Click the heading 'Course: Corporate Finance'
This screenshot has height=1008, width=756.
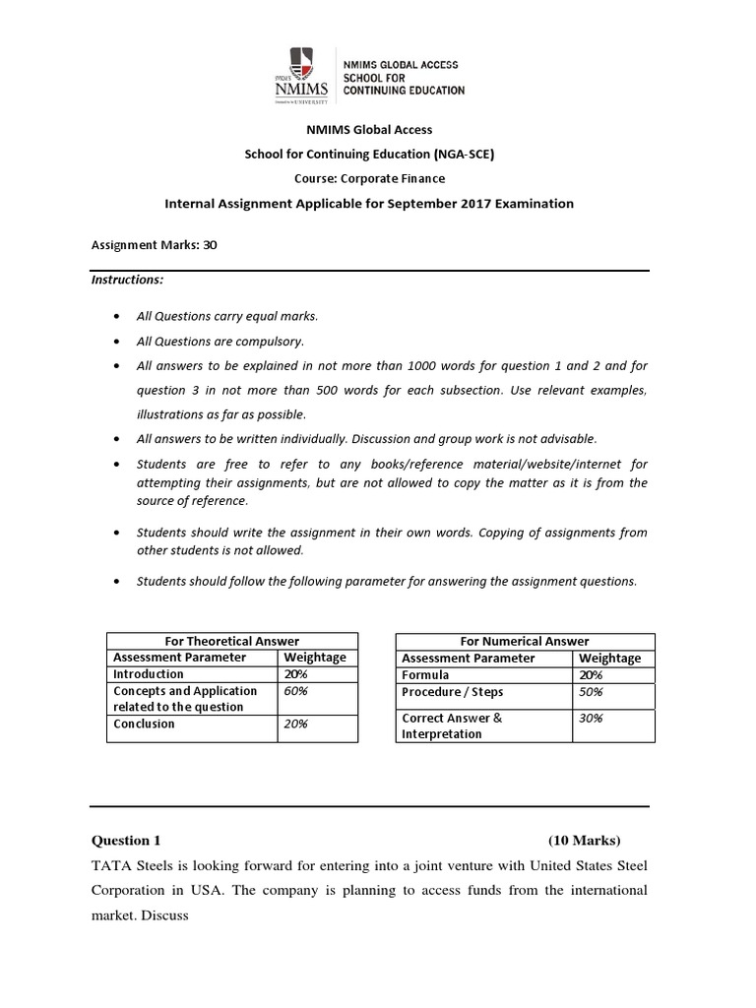pyautogui.click(x=369, y=178)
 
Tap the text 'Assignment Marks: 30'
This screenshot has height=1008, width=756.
pyautogui.click(x=154, y=246)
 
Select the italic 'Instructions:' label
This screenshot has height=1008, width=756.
pyautogui.click(x=127, y=280)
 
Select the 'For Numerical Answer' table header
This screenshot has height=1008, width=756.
pyautogui.click(x=523, y=641)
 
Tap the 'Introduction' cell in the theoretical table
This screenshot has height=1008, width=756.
pyautogui.click(x=149, y=674)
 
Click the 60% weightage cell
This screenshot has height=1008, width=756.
pyautogui.click(x=296, y=691)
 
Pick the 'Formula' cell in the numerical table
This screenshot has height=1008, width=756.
pyautogui.click(x=425, y=674)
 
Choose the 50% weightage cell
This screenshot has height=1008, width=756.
pyautogui.click(x=592, y=691)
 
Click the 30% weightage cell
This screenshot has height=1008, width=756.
pyautogui.click(x=592, y=718)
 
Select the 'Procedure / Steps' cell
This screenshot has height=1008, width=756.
pyautogui.click(x=451, y=691)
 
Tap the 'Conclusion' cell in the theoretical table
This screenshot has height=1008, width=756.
pyautogui.click(x=144, y=724)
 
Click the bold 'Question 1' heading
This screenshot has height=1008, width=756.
pyautogui.click(x=126, y=841)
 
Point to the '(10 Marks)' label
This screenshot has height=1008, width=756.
pyautogui.click(x=585, y=841)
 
